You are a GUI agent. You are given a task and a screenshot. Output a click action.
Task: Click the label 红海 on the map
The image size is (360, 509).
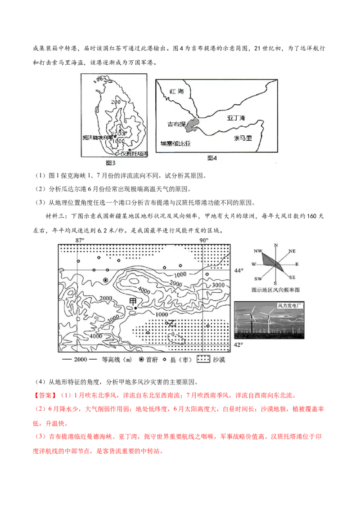coord(177,91)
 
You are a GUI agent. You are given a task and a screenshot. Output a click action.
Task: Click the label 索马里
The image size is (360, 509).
coord(243,138)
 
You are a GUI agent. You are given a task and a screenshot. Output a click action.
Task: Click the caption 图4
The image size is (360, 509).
coord(212,158)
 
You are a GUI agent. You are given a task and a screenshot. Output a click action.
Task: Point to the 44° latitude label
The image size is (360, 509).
coord(238,271)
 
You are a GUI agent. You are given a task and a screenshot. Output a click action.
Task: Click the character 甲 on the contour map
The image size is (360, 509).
coord(133,300)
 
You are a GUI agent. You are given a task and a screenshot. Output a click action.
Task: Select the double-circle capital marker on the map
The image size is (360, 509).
coord(105,280)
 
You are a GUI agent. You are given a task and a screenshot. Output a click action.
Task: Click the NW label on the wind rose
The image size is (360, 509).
coord(258,250)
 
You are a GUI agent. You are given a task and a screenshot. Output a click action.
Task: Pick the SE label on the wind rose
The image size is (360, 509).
coord(292,277)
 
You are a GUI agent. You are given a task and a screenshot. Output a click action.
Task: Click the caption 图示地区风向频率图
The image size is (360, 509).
coord(275,290)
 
